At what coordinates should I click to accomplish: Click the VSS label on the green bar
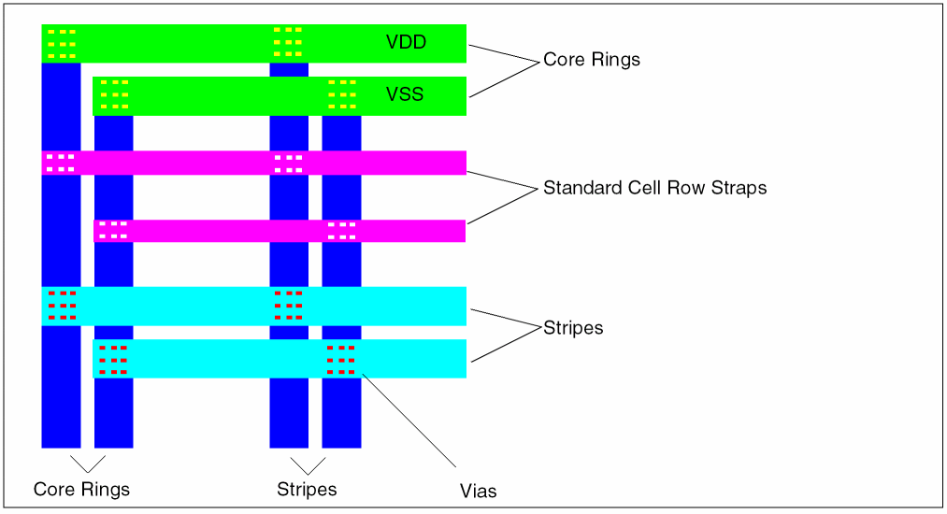pos(404,94)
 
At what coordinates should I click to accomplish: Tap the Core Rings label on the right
pos(591,60)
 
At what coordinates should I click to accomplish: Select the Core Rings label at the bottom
pos(81,489)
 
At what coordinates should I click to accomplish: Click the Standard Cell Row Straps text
pos(654,188)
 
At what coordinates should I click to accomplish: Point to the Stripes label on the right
pos(573,328)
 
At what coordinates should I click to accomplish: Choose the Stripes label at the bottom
pos(307,489)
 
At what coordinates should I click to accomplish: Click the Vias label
pos(478,491)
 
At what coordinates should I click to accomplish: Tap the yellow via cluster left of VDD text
pos(288,42)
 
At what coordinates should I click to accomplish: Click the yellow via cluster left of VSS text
pos(342,94)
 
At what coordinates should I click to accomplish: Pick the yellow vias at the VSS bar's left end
pos(114,94)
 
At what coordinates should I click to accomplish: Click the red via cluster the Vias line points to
pos(341,360)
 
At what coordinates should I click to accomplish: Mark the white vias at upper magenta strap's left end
pos(61,163)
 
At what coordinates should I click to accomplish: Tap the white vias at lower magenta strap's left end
pos(113,230)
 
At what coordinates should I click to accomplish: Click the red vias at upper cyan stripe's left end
pos(62,306)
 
